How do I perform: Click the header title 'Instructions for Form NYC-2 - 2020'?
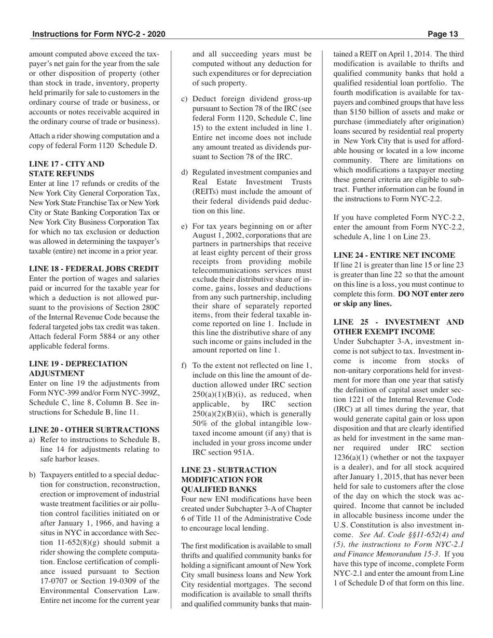tap(99, 34)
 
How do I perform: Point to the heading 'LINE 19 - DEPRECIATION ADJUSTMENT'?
tap(78, 368)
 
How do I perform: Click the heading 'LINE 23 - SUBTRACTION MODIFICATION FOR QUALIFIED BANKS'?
tap(229, 479)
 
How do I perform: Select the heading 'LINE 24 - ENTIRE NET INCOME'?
tap(394, 255)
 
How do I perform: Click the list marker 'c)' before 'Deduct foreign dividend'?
tap(185, 99)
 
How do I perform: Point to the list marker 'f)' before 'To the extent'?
tap(184, 365)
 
